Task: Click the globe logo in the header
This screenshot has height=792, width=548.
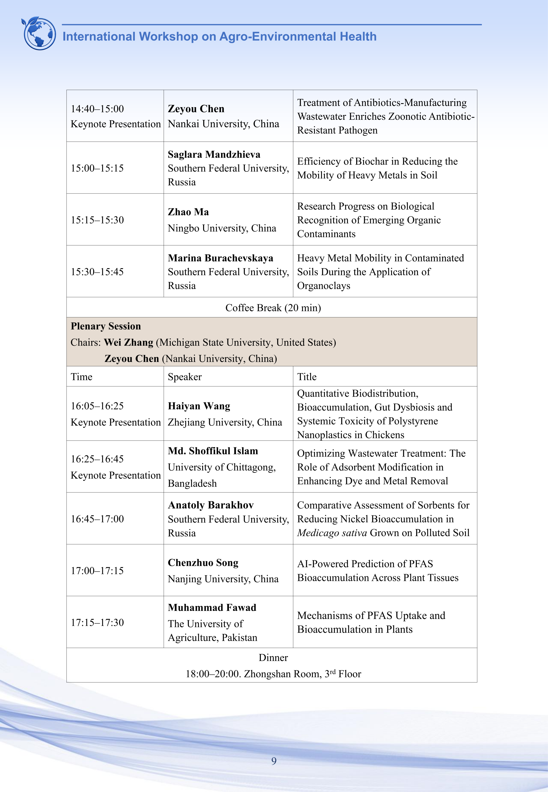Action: pos(39,33)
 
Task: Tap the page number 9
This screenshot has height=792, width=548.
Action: pos(274,761)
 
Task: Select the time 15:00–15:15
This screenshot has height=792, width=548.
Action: pos(97,168)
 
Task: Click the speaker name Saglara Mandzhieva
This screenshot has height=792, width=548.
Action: pos(214,154)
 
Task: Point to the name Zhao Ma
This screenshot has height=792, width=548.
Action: pos(188,212)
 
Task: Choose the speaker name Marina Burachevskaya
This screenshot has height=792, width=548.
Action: pos(220,258)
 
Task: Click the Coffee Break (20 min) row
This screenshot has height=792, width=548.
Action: pos(273,308)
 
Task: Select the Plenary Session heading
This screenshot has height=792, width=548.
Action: pos(106,326)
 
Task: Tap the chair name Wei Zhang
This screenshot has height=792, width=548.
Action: pos(128,342)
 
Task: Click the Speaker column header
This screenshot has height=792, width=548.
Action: pos(185,377)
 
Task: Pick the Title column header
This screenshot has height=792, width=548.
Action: pos(307,377)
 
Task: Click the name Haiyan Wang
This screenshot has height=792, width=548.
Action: pos(199,406)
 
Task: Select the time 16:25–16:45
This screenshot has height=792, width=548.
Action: pos(97,459)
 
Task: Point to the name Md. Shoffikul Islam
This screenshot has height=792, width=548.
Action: pos(213,451)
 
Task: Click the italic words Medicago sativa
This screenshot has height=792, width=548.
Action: pos(332,533)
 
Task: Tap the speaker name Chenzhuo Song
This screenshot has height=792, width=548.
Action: pos(203,563)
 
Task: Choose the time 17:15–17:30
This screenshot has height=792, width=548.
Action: pos(97,622)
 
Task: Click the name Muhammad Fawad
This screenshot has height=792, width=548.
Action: pos(212,607)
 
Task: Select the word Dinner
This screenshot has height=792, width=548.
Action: pos(273,657)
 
